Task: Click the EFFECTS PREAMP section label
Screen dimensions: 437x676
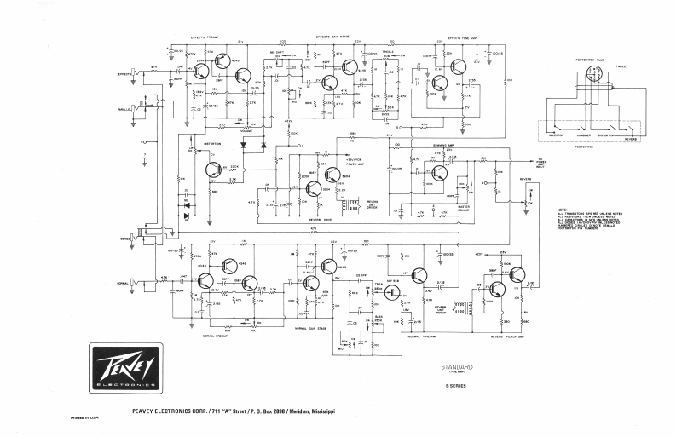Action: click(205, 37)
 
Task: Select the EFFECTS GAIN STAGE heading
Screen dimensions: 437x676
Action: click(333, 37)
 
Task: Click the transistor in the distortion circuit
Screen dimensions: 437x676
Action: click(214, 170)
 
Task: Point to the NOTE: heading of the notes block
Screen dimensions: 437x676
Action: click(562, 210)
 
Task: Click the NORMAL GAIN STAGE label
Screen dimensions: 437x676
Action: click(311, 327)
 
